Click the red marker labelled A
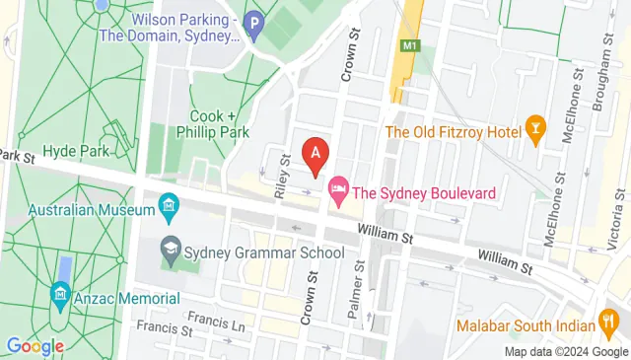[x=315, y=154]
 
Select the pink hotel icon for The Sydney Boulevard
[x=338, y=191]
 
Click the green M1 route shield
[x=406, y=46]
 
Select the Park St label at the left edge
[x=17, y=156]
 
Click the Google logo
[x=35, y=346]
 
